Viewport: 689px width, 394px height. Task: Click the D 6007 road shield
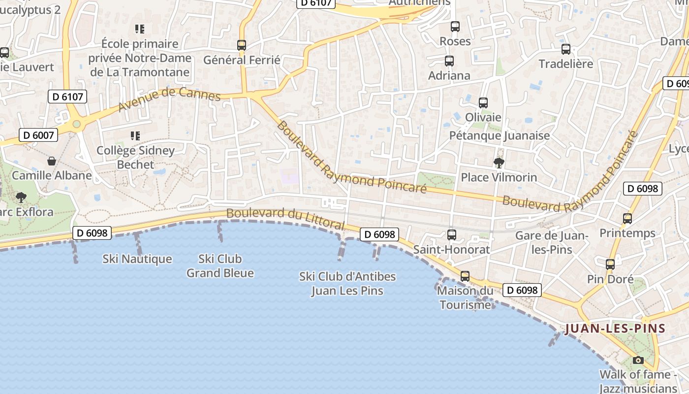coord(38,135)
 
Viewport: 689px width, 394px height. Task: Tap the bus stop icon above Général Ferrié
coord(241,45)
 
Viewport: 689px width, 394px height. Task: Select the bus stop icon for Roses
coord(455,27)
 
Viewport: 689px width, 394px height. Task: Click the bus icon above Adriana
coord(449,61)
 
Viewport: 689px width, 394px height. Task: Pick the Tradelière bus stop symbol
coord(566,49)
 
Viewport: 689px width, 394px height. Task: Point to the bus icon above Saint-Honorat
coord(451,235)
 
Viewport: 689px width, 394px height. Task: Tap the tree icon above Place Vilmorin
coord(499,163)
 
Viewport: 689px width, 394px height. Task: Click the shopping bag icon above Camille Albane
coord(52,161)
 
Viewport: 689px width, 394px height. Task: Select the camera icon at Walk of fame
coord(638,360)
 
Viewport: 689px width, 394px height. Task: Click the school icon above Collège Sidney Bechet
coord(135,135)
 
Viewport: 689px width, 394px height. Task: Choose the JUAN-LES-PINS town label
coord(615,328)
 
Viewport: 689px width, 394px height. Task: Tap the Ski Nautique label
coord(137,259)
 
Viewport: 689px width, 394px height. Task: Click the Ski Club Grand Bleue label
coord(220,266)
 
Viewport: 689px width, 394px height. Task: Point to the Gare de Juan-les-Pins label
coord(552,242)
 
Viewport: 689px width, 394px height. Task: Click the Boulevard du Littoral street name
coord(285,217)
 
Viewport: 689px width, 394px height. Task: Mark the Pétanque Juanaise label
coord(500,135)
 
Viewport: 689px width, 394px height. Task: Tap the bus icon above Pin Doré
coord(610,264)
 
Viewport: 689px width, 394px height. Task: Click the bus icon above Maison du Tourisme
coord(465,276)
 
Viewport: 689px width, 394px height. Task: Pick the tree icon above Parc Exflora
coord(21,197)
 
